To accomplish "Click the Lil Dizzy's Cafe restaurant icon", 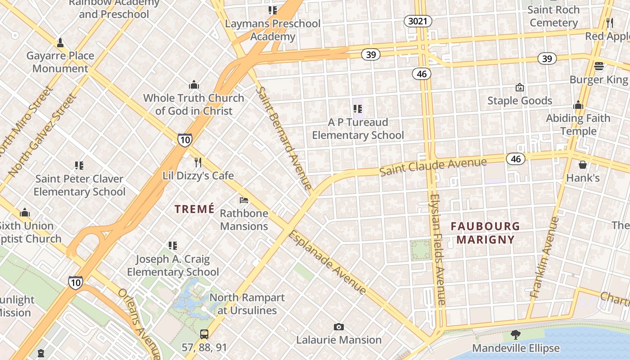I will (x=198, y=162).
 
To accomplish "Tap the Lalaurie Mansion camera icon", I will (x=339, y=327).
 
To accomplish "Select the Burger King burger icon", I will (x=598, y=66).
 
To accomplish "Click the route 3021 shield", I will (x=418, y=21).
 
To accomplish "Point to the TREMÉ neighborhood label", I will (x=194, y=209).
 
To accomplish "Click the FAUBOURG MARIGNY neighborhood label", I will (x=485, y=233).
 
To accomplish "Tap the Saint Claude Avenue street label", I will (x=433, y=166).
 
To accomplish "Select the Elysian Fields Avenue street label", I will (x=437, y=250).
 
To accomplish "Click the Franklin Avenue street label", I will (x=544, y=257).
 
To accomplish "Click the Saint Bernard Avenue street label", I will (x=283, y=137).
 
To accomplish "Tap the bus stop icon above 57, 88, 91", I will (x=204, y=334).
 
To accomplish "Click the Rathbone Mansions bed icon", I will (x=244, y=200).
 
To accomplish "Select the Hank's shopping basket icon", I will (x=583, y=165).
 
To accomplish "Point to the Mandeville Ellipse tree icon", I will (x=516, y=335).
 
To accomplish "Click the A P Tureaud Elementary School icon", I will (x=358, y=108).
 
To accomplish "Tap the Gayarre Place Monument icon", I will (x=60, y=43).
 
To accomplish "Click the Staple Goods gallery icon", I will (x=520, y=87).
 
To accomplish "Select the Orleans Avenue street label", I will (x=139, y=322).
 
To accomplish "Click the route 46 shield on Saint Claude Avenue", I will (x=516, y=158).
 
